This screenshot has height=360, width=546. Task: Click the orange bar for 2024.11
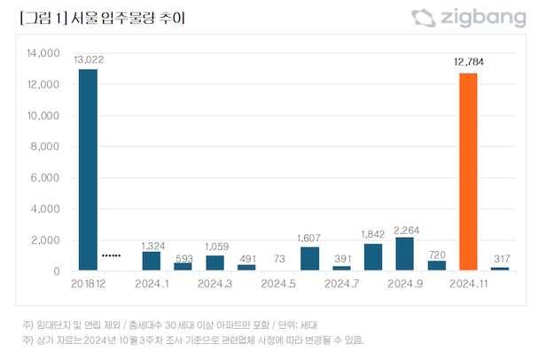(x=468, y=172)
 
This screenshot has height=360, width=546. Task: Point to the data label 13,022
(x=87, y=59)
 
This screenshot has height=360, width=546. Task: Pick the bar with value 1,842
(x=373, y=257)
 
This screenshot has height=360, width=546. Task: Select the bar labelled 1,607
(x=310, y=259)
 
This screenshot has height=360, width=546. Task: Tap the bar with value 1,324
(x=152, y=261)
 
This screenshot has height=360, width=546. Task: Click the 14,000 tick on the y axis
(x=42, y=54)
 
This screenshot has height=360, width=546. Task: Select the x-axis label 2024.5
(x=278, y=284)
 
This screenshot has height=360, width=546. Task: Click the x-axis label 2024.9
(x=405, y=284)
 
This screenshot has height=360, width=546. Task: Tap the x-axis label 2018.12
(x=87, y=284)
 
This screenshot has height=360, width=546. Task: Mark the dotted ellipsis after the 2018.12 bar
(x=111, y=255)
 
